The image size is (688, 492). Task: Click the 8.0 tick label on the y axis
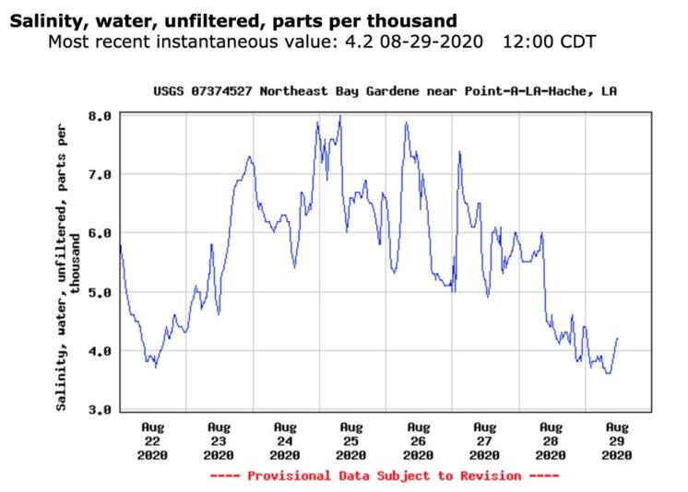(x=100, y=116)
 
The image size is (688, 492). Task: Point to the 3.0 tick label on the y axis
(x=100, y=410)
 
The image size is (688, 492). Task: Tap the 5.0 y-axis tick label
(x=100, y=292)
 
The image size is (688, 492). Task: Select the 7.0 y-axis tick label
(x=100, y=175)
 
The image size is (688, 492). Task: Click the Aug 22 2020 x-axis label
(x=152, y=441)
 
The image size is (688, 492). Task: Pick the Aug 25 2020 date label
(x=351, y=441)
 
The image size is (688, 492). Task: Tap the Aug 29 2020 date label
(x=616, y=441)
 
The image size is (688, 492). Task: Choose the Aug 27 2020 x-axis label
(x=484, y=441)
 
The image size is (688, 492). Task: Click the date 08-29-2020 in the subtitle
(x=432, y=42)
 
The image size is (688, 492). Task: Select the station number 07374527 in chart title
(x=221, y=91)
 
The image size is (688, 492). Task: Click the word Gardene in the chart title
(x=393, y=91)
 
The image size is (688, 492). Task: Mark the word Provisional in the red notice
(x=290, y=475)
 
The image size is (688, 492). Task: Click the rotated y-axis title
(x=68, y=267)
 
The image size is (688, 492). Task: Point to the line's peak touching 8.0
(x=340, y=116)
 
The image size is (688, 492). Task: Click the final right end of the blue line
(x=618, y=338)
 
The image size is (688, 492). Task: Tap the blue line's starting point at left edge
(x=120, y=246)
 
